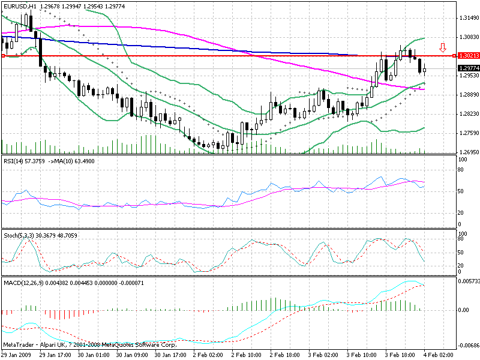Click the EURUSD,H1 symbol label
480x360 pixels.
[x=19, y=6]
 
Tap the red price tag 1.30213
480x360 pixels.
[x=467, y=56]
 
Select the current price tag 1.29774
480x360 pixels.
[x=467, y=68]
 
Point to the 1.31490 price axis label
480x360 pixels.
[x=467, y=17]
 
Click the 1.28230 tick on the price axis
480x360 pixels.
[x=467, y=113]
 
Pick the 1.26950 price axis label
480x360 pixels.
[x=467, y=152]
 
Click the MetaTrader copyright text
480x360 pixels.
[x=90, y=345]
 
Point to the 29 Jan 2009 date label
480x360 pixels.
[x=16, y=355]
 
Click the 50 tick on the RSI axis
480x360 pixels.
[x=461, y=191]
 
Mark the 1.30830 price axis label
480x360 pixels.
[x=467, y=37]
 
